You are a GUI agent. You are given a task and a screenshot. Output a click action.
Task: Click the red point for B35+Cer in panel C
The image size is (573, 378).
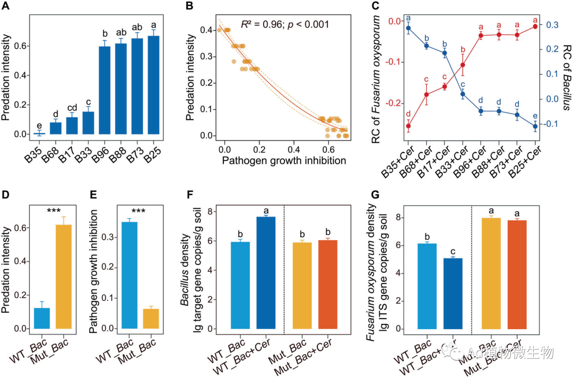[409, 126]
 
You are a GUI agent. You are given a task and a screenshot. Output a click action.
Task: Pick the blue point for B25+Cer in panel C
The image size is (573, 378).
[535, 126]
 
